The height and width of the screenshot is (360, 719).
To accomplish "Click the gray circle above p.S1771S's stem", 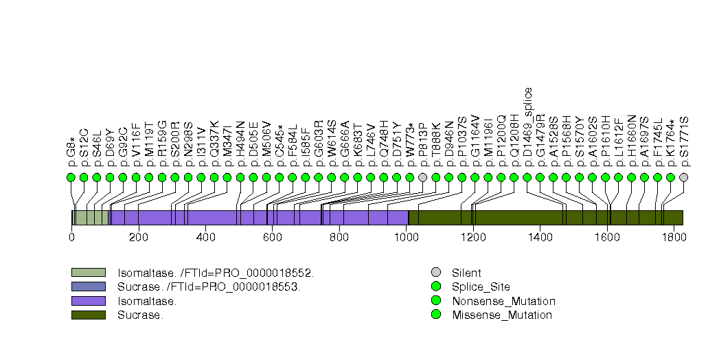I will point(683,177).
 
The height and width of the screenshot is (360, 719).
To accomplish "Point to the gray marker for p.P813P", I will point(422,177).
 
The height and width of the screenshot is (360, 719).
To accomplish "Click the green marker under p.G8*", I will point(71,177).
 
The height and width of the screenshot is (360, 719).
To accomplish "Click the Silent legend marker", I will point(435,273).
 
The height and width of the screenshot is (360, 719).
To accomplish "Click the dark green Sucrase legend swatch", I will point(88,315).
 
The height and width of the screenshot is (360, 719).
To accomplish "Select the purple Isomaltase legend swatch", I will point(88,301).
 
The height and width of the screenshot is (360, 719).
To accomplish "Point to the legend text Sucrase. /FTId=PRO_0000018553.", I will point(209,287).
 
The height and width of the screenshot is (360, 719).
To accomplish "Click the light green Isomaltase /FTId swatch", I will point(88,273).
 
